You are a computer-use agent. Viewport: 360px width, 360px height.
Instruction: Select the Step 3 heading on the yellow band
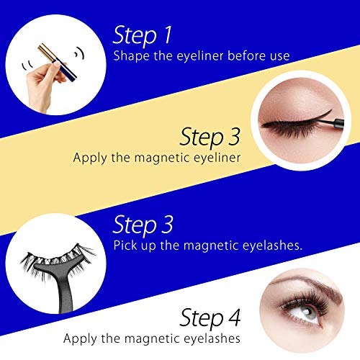click(210, 135)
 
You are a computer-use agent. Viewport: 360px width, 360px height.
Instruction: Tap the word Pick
click(124, 246)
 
